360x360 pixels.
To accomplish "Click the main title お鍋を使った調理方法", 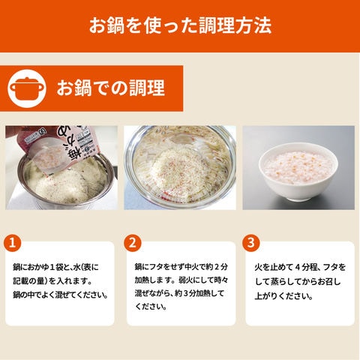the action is pyautogui.click(x=180, y=25).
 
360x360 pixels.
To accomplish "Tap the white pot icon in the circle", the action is pyautogui.click(x=27, y=88).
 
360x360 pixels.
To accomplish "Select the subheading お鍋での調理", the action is pyautogui.click(x=110, y=88).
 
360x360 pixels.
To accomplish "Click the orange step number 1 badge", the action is pyautogui.click(x=12, y=243).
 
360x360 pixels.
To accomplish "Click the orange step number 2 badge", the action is pyautogui.click(x=133, y=243).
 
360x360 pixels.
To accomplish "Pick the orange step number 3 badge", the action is pyautogui.click(x=251, y=243).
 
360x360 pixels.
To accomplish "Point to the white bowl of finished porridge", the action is pyautogui.click(x=298, y=171).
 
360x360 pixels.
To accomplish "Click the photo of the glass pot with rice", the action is pyautogui.click(x=180, y=168).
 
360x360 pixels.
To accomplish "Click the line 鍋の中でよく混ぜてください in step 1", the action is pyautogui.click(x=61, y=295).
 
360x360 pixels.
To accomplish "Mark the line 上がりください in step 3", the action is pyautogui.click(x=283, y=296).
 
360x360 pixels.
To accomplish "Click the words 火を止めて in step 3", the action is pyautogui.click(x=274, y=267).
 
